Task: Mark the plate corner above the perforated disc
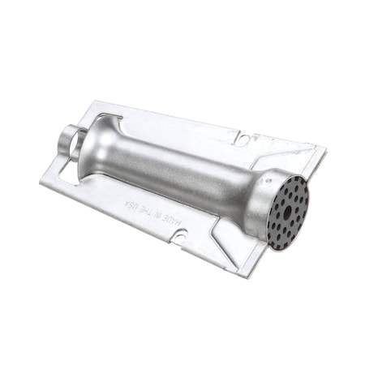pyautogui.click(x=324, y=151)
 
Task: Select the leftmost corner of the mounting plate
pyautogui.click(x=41, y=180)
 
